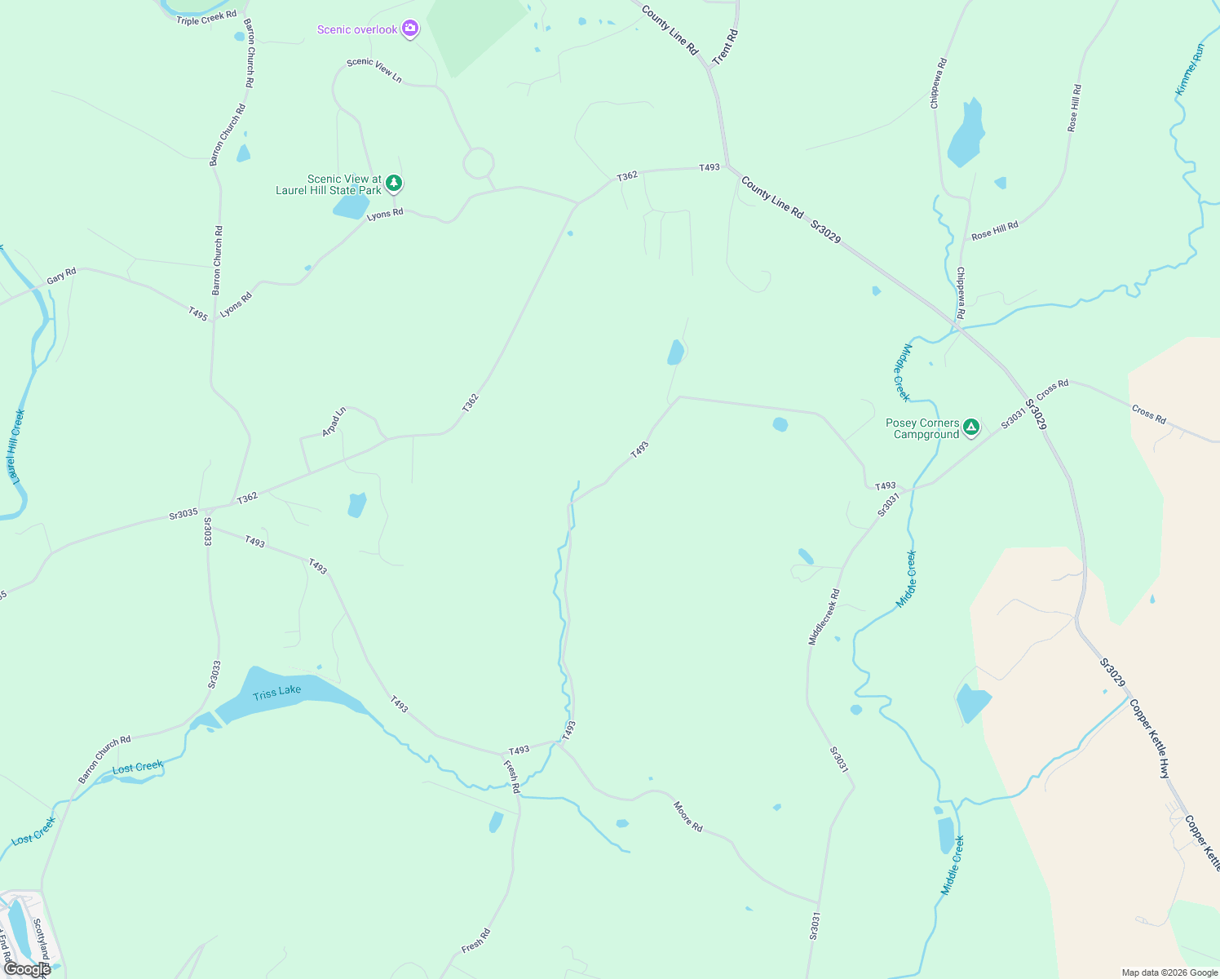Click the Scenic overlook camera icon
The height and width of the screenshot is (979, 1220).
click(410, 29)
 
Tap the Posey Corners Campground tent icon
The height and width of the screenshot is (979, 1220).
click(970, 427)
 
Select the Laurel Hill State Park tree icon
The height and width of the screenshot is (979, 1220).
click(394, 183)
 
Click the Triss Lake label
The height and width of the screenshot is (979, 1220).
click(276, 693)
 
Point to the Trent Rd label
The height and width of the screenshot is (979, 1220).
click(724, 47)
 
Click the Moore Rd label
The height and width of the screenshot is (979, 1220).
click(687, 816)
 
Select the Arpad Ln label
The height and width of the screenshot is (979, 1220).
click(334, 421)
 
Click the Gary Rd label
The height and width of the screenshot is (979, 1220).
click(61, 277)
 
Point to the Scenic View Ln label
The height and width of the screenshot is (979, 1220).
click(374, 69)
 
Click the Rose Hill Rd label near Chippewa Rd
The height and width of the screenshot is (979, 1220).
click(994, 231)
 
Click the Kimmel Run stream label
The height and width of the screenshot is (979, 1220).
click(1190, 70)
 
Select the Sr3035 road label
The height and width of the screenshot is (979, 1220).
click(183, 513)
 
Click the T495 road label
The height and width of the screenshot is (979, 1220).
click(198, 313)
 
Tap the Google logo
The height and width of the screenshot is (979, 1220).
click(27, 968)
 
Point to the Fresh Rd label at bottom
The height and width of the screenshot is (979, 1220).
click(475, 941)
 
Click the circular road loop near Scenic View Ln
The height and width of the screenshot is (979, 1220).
click(479, 163)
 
